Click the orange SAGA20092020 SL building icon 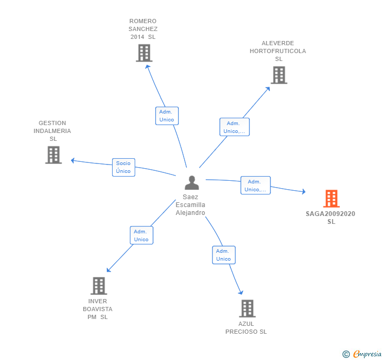331,199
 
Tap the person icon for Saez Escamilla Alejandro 192,183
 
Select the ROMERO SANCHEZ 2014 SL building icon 144,53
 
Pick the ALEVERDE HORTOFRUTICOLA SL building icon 279,75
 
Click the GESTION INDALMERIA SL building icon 53,155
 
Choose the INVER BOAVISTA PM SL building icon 98,286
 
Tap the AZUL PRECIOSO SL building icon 247,308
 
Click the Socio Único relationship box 123,167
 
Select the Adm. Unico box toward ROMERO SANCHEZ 167,116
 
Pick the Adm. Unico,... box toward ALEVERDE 234,127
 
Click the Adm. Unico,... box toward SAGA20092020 256,186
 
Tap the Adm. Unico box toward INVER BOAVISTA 141,235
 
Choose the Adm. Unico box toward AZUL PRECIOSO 224,255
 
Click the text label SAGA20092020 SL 330,218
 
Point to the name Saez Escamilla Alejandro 190,205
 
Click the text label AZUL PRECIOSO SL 246,328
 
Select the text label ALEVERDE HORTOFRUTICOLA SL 278,51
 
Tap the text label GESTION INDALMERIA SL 52,131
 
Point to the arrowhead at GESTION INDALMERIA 73,160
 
